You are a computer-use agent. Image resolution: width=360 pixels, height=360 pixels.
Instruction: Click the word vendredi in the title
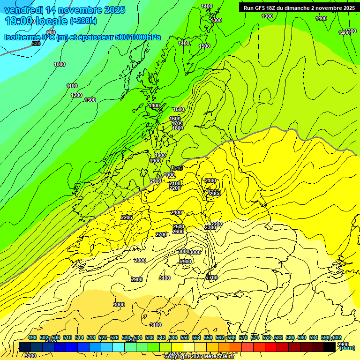click(x=23, y=10)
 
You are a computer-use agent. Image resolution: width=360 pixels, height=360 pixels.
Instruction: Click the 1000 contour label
click(x=60, y=64)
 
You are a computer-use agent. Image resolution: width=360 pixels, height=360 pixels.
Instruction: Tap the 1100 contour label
click(x=72, y=86)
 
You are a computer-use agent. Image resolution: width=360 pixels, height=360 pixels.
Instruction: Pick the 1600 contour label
click(x=175, y=119)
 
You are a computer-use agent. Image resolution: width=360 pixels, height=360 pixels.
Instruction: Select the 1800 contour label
click(x=177, y=128)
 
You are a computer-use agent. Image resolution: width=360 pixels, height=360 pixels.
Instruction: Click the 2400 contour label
click(x=176, y=212)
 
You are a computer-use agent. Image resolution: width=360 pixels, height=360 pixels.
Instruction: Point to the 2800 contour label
click(x=140, y=260)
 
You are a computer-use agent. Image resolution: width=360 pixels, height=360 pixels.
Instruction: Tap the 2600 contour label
click(x=178, y=232)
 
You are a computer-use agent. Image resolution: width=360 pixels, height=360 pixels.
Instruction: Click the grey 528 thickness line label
click(x=36, y=44)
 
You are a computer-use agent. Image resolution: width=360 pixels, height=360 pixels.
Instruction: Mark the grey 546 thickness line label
click(x=178, y=168)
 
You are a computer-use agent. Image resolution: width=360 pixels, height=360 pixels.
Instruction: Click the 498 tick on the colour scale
click(x=32, y=337)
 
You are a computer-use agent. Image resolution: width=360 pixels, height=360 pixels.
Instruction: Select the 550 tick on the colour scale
click(x=185, y=337)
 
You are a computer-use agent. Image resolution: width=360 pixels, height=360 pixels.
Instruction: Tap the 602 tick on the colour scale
click(x=337, y=337)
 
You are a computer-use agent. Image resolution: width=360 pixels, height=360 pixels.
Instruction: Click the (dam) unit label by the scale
click(x=346, y=348)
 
